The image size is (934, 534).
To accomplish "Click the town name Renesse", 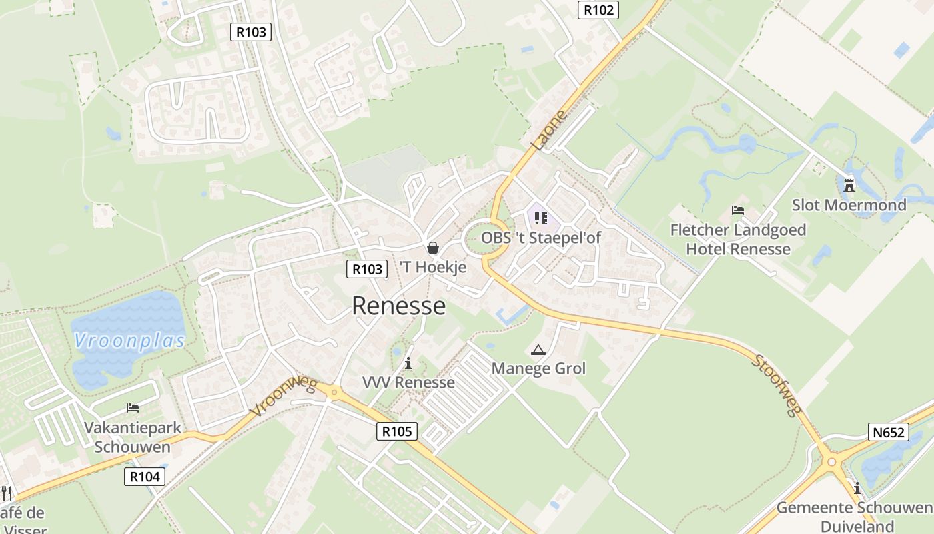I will click(x=398, y=306).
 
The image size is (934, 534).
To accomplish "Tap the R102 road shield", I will click(x=598, y=9).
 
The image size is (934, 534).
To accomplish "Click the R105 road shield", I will click(x=397, y=431).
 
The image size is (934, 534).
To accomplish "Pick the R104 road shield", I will click(x=144, y=477).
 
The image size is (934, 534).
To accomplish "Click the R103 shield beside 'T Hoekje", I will click(x=367, y=269).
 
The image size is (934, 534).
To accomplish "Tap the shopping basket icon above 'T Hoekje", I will click(x=432, y=248).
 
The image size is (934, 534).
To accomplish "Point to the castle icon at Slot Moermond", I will click(x=849, y=184).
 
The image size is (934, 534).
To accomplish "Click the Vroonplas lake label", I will click(x=129, y=342).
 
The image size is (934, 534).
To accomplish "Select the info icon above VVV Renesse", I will click(x=408, y=364).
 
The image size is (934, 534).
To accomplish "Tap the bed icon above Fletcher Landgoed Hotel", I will click(x=738, y=210).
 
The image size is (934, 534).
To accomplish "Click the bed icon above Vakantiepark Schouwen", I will click(x=132, y=407).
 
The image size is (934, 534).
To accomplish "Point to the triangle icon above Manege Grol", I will click(x=538, y=350).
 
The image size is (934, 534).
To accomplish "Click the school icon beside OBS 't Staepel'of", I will click(x=541, y=218).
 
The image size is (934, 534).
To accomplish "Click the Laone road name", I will click(x=549, y=129).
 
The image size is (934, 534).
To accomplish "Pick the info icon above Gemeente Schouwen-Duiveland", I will click(x=857, y=487).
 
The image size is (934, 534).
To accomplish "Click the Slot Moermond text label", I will click(x=849, y=205).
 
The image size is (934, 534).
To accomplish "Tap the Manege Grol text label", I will click(x=538, y=368).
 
